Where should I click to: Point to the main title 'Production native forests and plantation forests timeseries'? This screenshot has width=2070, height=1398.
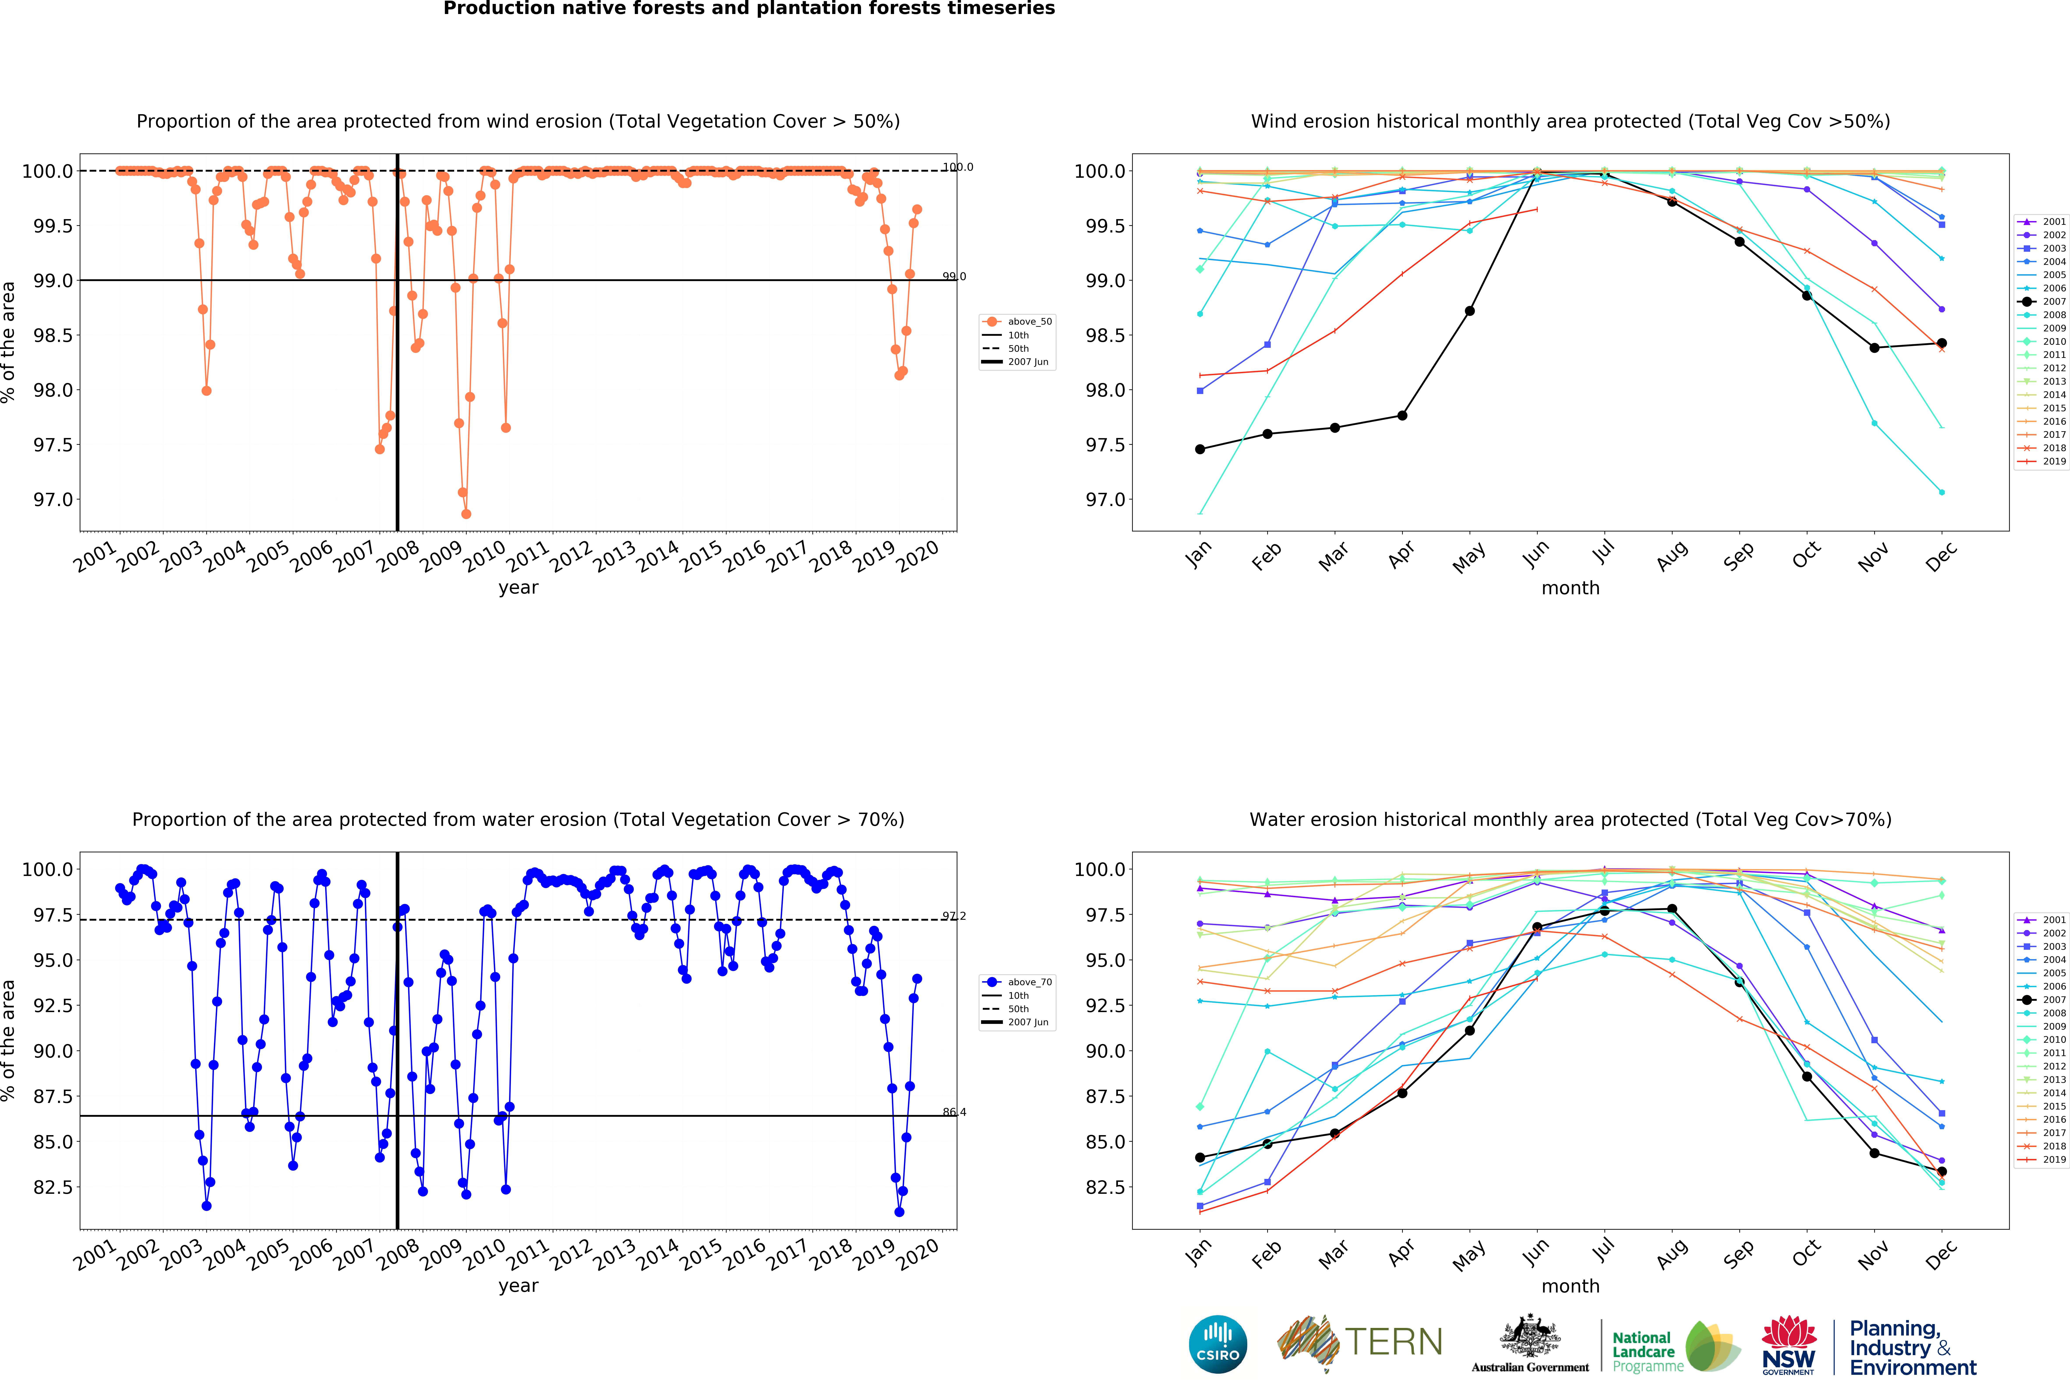[x=749, y=9]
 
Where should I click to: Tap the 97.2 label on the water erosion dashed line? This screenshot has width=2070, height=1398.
[x=954, y=916]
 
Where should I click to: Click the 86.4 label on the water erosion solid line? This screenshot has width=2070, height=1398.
[x=954, y=1112]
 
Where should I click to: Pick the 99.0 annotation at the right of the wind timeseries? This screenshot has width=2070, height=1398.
[x=954, y=277]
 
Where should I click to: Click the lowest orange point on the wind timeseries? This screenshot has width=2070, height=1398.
[x=466, y=514]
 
